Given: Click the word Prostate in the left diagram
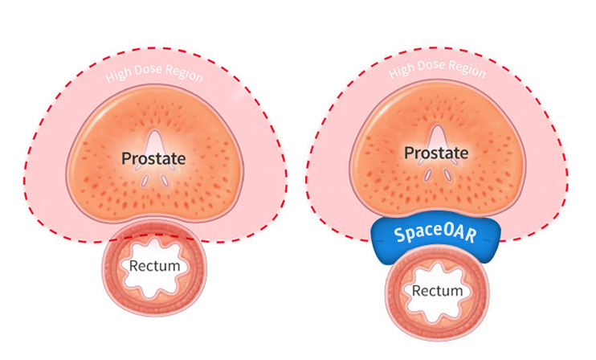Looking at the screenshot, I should point(154,158).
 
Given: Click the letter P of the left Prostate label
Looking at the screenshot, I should point(128,158).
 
